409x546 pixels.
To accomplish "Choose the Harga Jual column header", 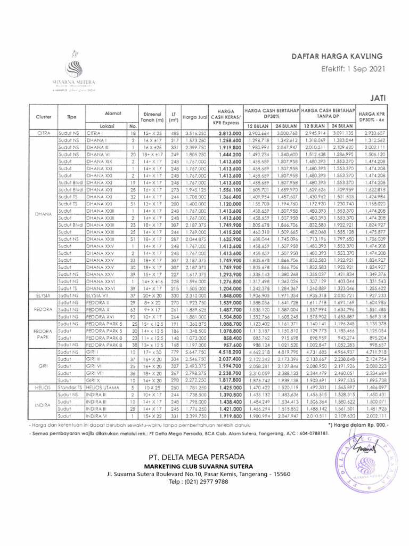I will [194, 116].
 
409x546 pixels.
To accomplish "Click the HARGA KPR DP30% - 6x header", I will [372, 116].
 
